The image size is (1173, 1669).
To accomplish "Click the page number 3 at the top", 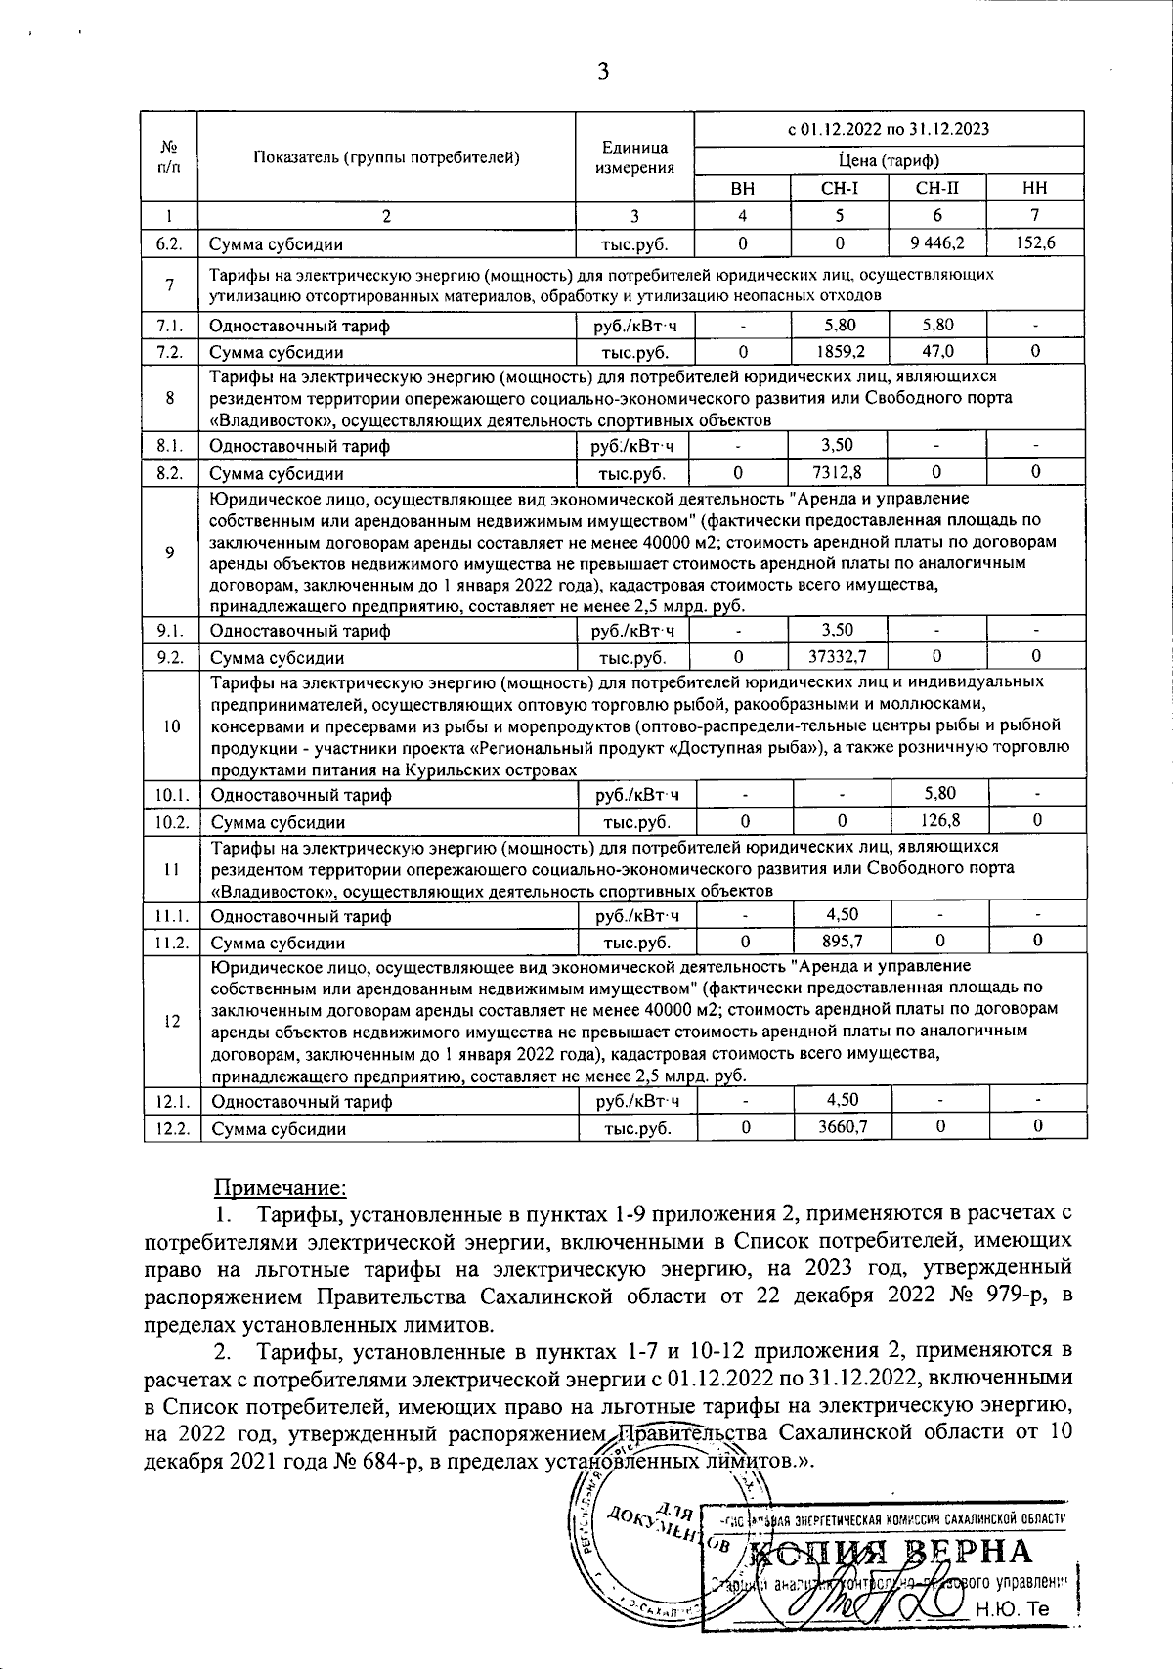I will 603,71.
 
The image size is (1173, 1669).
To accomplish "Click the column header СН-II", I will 937,189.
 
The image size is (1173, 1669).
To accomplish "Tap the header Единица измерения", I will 634,157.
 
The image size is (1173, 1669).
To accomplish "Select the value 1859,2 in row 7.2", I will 841,350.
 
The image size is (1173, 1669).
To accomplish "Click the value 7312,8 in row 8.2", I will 841,473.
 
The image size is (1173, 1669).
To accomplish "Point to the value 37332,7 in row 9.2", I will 841,657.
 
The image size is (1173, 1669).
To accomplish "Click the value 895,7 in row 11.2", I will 842,942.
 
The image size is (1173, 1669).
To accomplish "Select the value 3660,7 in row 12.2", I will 842,1127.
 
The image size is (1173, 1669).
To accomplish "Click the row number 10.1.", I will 171,795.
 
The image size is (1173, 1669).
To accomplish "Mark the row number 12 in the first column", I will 171,1021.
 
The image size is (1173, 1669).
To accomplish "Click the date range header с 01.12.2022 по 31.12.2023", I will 889,128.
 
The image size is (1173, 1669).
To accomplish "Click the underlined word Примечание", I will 280,1188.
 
